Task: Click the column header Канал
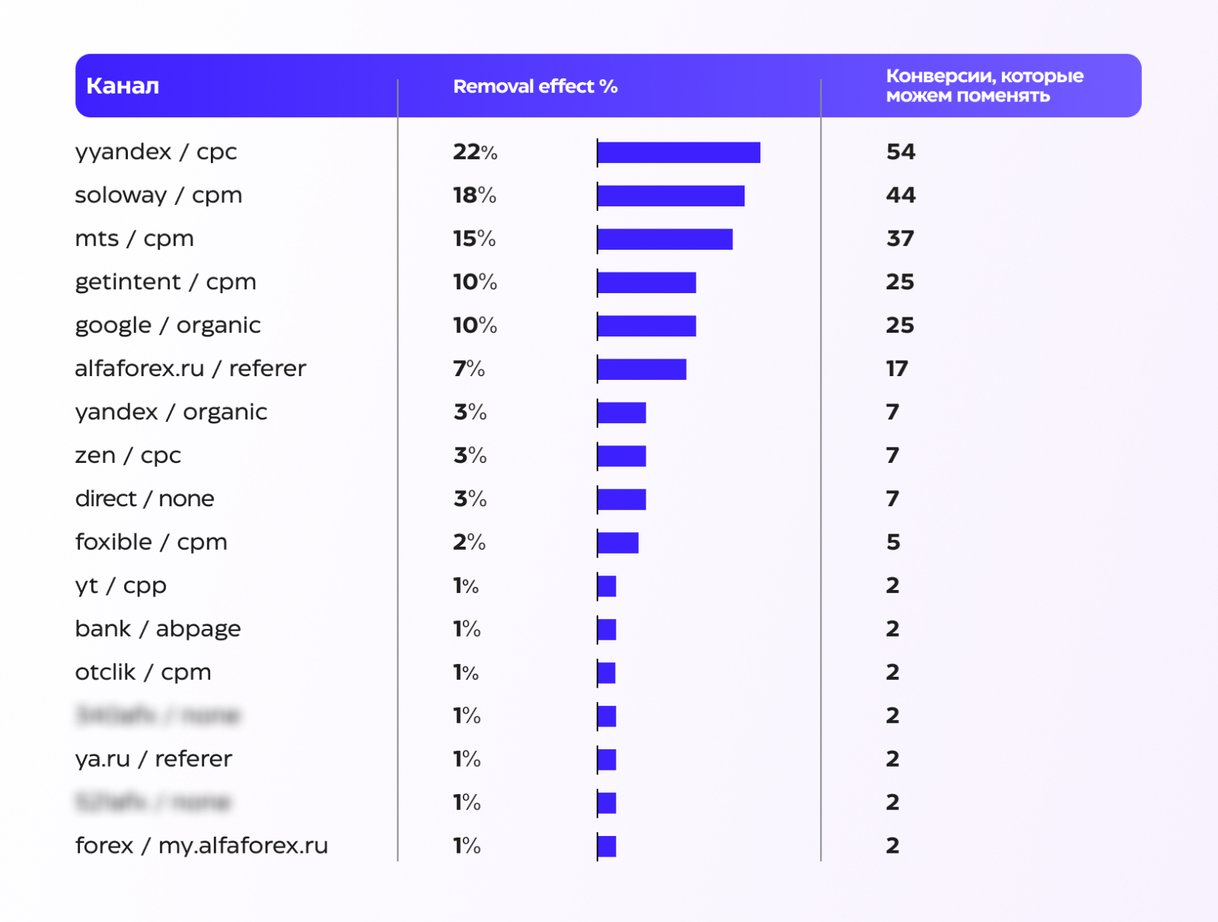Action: (123, 86)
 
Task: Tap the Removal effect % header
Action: (535, 87)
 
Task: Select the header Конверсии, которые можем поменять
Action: (984, 86)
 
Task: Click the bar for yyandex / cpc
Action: (679, 152)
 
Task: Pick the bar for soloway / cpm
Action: (671, 196)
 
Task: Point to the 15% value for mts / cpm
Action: (474, 239)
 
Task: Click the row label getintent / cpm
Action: (165, 282)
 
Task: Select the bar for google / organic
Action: (646, 326)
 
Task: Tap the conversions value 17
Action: (897, 369)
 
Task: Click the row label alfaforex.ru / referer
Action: (190, 369)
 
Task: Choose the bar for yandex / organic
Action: (621, 413)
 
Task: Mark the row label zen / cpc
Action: (128, 456)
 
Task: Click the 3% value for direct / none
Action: (470, 499)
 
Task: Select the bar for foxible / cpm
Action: (617, 543)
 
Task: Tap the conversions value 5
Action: (893, 543)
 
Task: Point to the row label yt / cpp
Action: (120, 586)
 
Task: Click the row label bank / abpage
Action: (158, 630)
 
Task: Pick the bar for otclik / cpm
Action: (607, 673)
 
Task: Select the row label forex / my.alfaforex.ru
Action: (201, 846)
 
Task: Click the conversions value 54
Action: (901, 152)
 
